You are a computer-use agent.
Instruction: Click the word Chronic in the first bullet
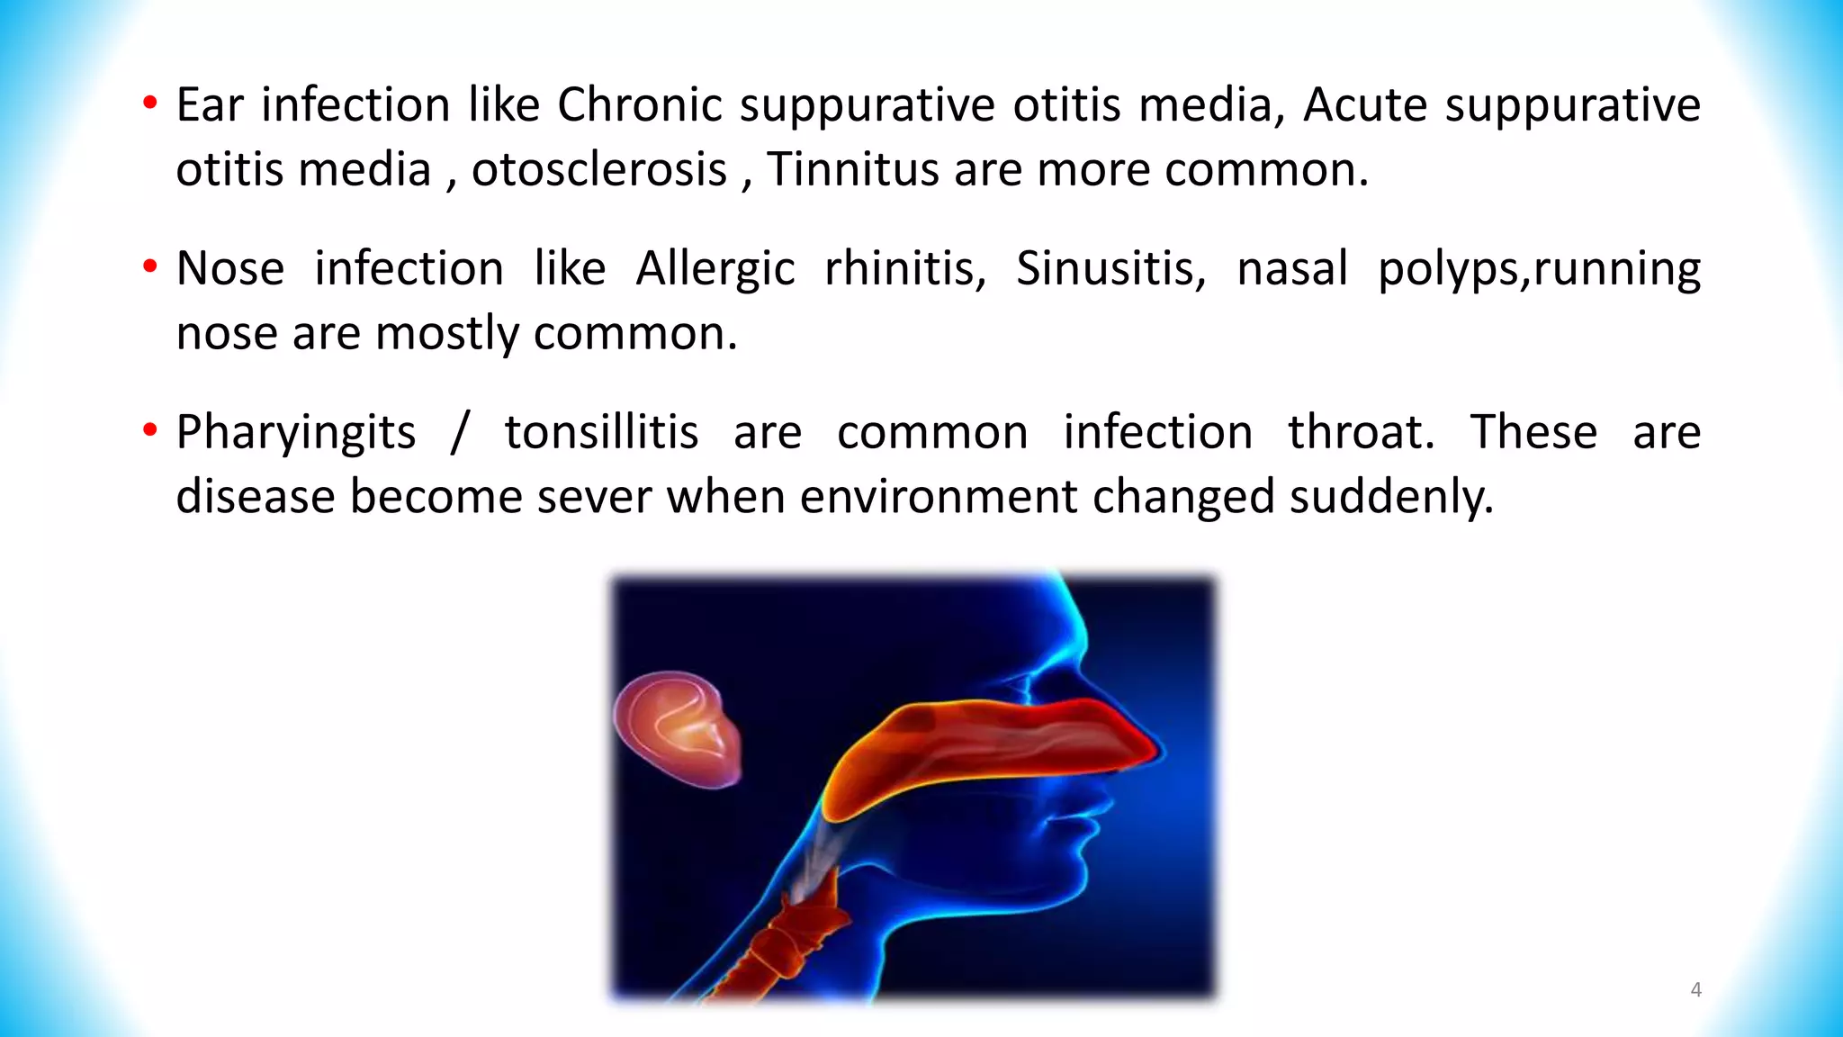tap(639, 105)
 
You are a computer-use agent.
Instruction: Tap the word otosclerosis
tap(598, 170)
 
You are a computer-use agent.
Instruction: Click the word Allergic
tap(715, 269)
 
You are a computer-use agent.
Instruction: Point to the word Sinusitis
tap(1110, 269)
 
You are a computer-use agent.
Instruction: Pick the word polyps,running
tap(1539, 269)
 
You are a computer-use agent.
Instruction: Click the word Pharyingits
tap(295, 433)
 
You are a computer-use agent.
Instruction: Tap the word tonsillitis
tap(601, 433)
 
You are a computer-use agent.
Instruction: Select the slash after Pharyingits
tap(460, 433)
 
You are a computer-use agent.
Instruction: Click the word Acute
tap(1364, 105)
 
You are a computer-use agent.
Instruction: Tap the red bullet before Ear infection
tap(150, 103)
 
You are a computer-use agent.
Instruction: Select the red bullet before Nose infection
tap(150, 266)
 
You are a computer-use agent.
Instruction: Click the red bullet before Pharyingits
tap(150, 430)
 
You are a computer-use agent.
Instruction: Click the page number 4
tap(1695, 990)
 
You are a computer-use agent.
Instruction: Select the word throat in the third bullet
tap(1360, 433)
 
